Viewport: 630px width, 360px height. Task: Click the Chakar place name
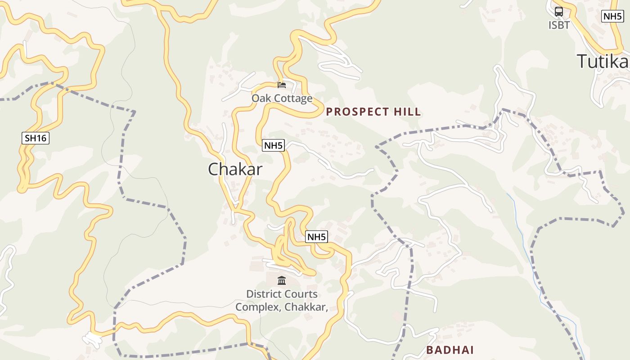coord(235,169)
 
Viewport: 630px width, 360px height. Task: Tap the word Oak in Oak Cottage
coord(261,98)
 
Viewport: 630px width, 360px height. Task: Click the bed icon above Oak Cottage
coord(282,85)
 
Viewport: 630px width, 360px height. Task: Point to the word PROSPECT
coord(354,112)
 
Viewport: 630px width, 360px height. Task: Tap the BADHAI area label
coord(450,350)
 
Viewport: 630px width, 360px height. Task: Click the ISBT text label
coord(559,25)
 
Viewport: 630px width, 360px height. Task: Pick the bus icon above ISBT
coord(559,12)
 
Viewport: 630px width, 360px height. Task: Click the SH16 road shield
coord(36,138)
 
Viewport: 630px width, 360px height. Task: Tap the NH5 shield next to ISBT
coord(612,17)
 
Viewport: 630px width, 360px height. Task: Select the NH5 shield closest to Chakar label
coord(274,145)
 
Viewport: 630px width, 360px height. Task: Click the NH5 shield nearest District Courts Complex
coord(317,237)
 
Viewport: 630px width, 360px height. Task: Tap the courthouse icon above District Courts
coord(282,281)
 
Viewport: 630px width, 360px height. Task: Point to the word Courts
coord(301,294)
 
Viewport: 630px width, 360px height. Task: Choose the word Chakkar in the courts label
coord(310,307)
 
